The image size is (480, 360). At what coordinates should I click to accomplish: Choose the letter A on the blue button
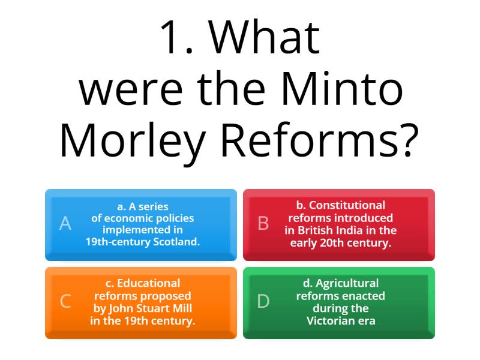tap(65, 224)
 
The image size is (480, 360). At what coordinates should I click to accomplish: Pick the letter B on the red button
tap(263, 224)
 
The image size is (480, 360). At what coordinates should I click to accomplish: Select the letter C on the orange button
tap(65, 301)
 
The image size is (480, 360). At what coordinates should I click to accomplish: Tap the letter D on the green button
tap(263, 301)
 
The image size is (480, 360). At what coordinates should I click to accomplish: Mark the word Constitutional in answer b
tap(347, 205)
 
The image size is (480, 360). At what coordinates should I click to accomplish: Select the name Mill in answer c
tap(182, 308)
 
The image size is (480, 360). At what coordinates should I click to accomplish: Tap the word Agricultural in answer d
tap(347, 283)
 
